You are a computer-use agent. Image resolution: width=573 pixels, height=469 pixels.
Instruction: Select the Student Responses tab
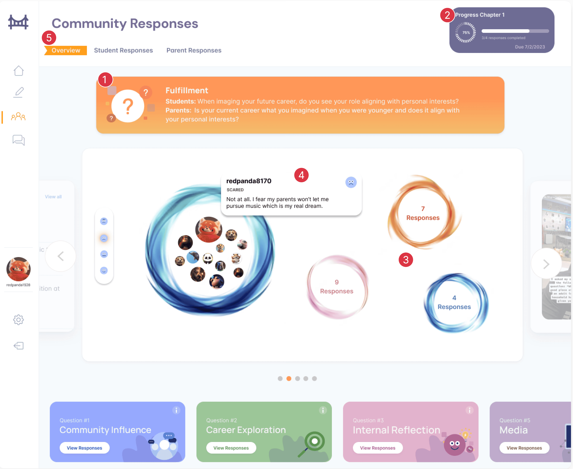pyautogui.click(x=123, y=50)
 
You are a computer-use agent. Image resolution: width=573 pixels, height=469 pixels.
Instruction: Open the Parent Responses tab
pyautogui.click(x=194, y=50)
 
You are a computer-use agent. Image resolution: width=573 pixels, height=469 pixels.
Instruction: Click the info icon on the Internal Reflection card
pyautogui.click(x=469, y=410)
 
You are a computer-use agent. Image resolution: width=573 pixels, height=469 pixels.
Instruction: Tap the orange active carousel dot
pyautogui.click(x=289, y=378)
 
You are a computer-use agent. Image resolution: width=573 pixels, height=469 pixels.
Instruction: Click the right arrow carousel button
pyautogui.click(x=546, y=264)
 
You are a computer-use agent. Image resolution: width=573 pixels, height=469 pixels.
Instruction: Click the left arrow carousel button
pyautogui.click(x=60, y=256)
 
